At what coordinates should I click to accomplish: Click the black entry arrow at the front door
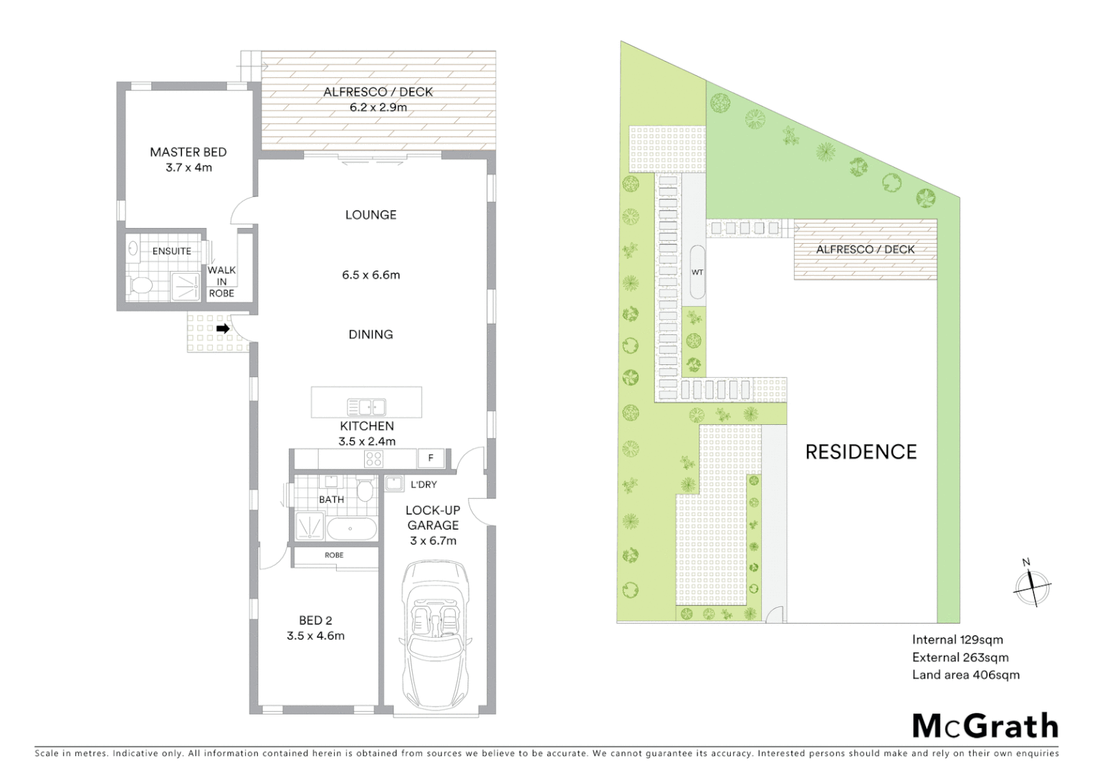[x=223, y=329]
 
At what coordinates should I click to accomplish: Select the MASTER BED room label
[x=188, y=152]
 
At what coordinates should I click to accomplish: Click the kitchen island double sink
[x=366, y=408]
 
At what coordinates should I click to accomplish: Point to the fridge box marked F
[x=431, y=458]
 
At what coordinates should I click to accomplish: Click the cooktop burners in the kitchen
[x=373, y=458]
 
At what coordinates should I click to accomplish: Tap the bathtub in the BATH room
[x=351, y=529]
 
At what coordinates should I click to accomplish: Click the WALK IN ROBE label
[x=221, y=281]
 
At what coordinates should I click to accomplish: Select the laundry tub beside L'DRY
[x=393, y=484]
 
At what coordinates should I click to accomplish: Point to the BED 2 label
[x=315, y=621]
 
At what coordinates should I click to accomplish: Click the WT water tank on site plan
[x=697, y=272]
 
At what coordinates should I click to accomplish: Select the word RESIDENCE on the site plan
[x=861, y=451]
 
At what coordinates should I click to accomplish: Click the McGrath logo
[x=985, y=726]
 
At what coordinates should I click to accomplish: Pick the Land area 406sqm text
[x=965, y=674]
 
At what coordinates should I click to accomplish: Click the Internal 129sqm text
[x=957, y=640]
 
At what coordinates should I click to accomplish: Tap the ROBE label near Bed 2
[x=334, y=555]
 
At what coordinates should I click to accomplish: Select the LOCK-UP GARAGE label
[x=433, y=517]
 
